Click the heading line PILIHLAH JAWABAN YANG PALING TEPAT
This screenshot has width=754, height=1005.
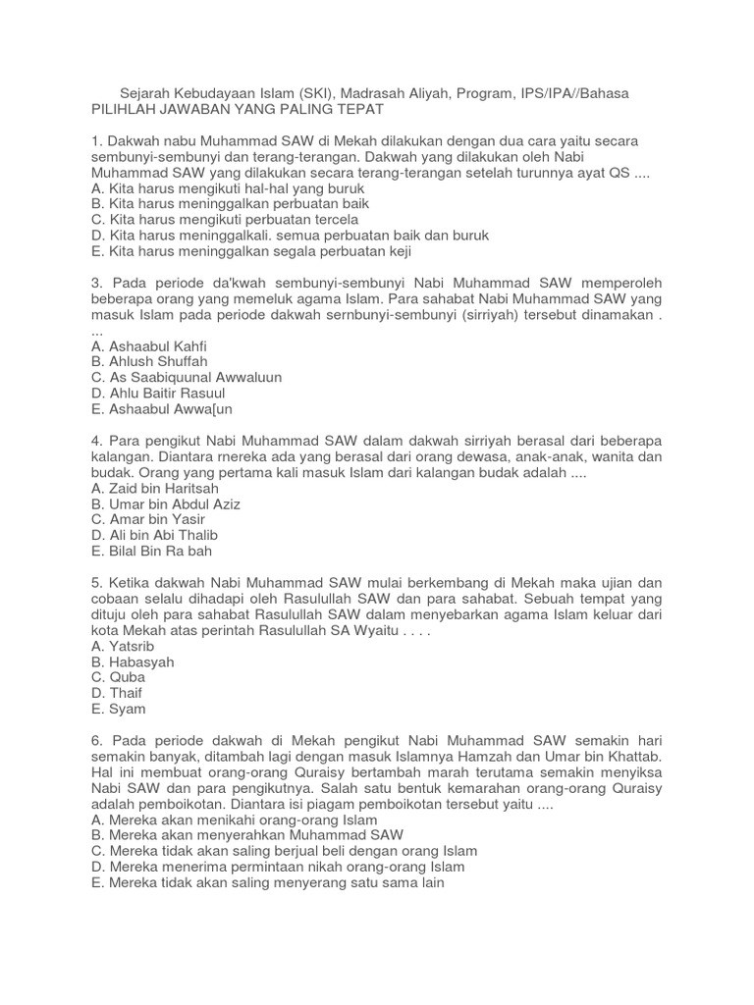pos(237,109)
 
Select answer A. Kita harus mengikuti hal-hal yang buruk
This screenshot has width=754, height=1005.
pos(227,188)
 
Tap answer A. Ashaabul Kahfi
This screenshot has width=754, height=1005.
pos(148,346)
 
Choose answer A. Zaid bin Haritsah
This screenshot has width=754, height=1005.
pos(154,488)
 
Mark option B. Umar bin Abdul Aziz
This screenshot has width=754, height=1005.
pos(165,503)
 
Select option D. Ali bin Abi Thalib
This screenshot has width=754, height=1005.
pos(154,535)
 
